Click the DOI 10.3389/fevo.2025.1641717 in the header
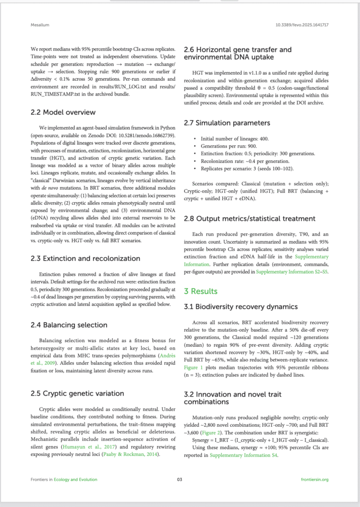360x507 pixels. [x=303, y=25]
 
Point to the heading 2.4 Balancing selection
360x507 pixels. [x=69, y=325]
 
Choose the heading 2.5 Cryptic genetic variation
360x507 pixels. [x=77, y=393]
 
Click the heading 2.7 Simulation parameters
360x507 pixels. [x=227, y=123]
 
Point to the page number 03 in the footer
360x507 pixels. [x=180, y=479]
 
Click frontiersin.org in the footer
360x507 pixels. [x=314, y=479]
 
